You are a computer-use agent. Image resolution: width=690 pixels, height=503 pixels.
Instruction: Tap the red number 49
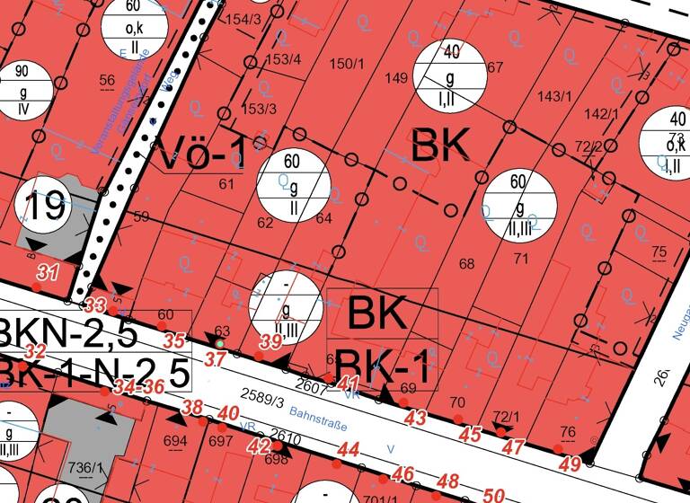(x=571, y=464)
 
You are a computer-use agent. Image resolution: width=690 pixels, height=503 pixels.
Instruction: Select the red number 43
(x=415, y=418)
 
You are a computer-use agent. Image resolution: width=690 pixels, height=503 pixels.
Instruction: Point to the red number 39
(x=270, y=341)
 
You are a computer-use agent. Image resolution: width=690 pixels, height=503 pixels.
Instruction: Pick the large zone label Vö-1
(x=201, y=155)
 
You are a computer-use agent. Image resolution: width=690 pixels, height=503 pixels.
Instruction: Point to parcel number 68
(x=465, y=263)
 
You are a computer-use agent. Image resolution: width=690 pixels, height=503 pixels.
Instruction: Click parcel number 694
(x=175, y=440)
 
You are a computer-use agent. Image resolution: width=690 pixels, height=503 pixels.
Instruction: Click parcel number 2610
(x=285, y=437)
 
